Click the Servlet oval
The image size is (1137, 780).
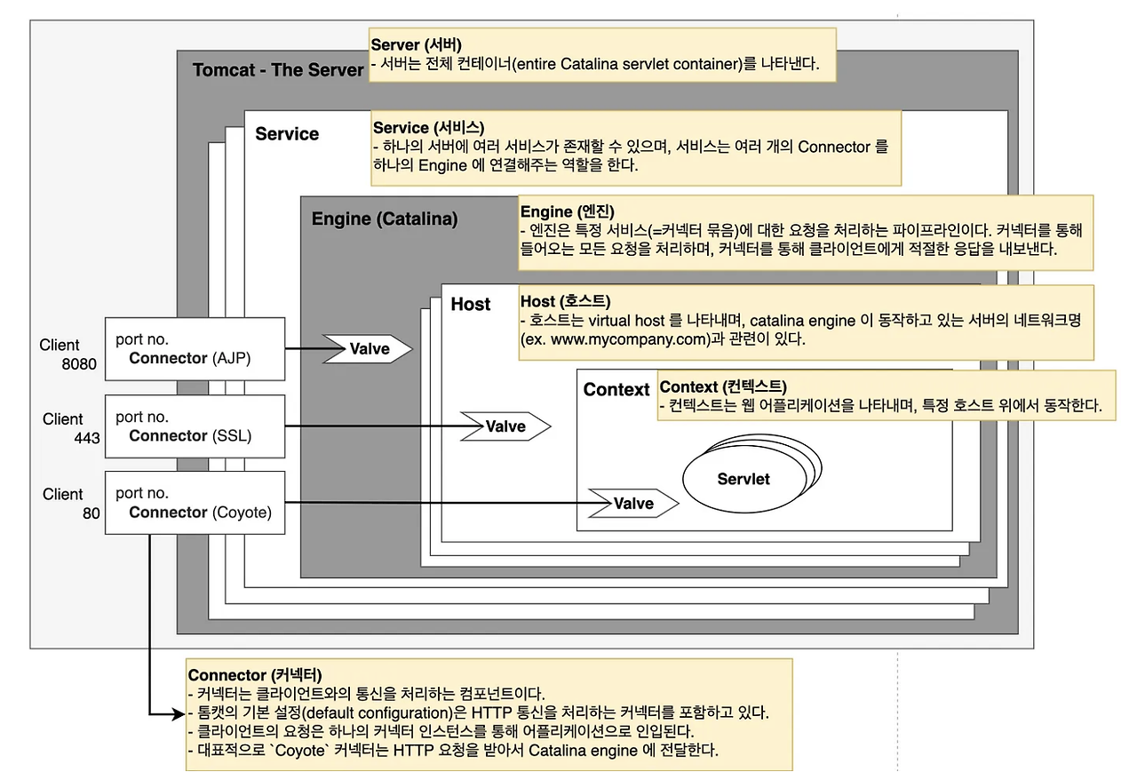743,479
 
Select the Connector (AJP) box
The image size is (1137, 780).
195,350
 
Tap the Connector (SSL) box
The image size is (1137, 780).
195,426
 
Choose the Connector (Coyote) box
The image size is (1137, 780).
195,503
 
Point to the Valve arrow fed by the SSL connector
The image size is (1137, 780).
505,426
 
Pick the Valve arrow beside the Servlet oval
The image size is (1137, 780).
632,504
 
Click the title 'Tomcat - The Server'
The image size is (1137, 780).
277,70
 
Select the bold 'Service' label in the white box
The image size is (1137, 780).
287,134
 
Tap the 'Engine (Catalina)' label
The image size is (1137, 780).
385,219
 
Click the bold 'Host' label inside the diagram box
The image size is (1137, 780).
470,305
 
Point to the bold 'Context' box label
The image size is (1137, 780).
616,390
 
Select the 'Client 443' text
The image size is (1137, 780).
63,427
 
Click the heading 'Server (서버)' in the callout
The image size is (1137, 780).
416,44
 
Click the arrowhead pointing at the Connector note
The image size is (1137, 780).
178,712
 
